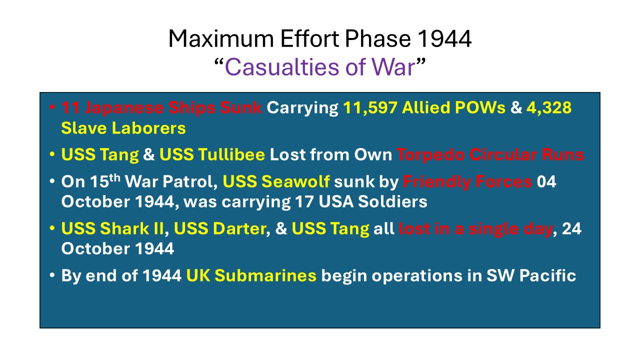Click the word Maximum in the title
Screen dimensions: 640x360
coord(221,38)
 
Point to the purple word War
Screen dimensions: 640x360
coord(393,67)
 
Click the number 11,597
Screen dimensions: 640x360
coord(370,107)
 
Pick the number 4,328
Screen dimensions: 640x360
coord(549,107)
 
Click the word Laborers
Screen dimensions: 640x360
coord(148,127)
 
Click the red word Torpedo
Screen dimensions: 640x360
coord(430,155)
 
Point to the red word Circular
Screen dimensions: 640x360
coord(503,154)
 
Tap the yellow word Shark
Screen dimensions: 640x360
coord(124,228)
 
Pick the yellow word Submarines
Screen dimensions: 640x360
coord(265,275)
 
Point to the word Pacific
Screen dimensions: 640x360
coord(547,275)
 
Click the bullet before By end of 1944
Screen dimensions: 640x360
coord(52,275)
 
